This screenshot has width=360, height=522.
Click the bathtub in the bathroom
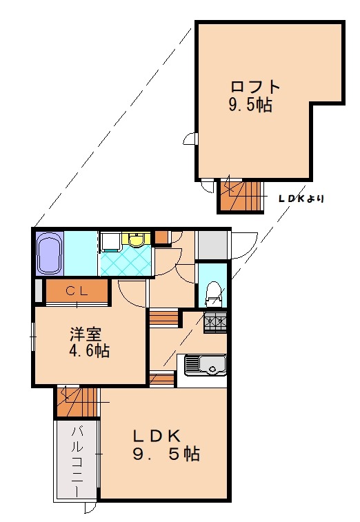pos(50,253)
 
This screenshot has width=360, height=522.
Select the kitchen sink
pos(206,365)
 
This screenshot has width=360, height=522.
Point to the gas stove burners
pos(215,322)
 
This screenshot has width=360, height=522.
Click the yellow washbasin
pos(136,239)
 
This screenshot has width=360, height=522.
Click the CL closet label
pos(77,292)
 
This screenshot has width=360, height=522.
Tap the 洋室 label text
pos(86,334)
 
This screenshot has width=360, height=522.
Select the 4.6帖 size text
pos(89,350)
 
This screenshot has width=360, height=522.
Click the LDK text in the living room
pos(157,435)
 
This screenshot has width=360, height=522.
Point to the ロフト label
pos(255,87)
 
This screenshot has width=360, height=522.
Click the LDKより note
pos(301,199)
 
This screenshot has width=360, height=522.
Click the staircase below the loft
pos(241,196)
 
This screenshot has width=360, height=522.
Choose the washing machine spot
pos(110,242)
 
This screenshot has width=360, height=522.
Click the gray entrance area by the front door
pos(213,245)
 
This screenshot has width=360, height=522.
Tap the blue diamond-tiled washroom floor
pos(126,261)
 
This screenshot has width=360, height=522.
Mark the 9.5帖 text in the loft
pos(250,105)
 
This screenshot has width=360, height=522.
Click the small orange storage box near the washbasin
pos(161,237)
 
